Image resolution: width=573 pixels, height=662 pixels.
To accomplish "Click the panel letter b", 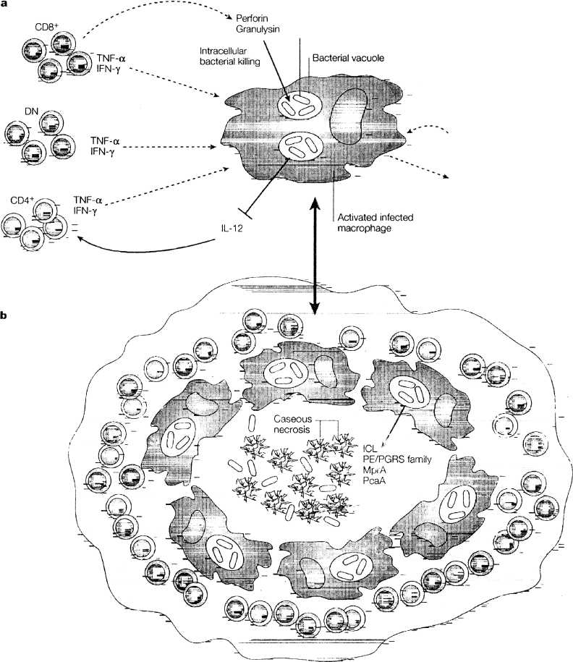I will pyautogui.click(x=6, y=316).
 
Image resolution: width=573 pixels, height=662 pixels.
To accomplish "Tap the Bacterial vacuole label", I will pyautogui.click(x=345, y=54).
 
